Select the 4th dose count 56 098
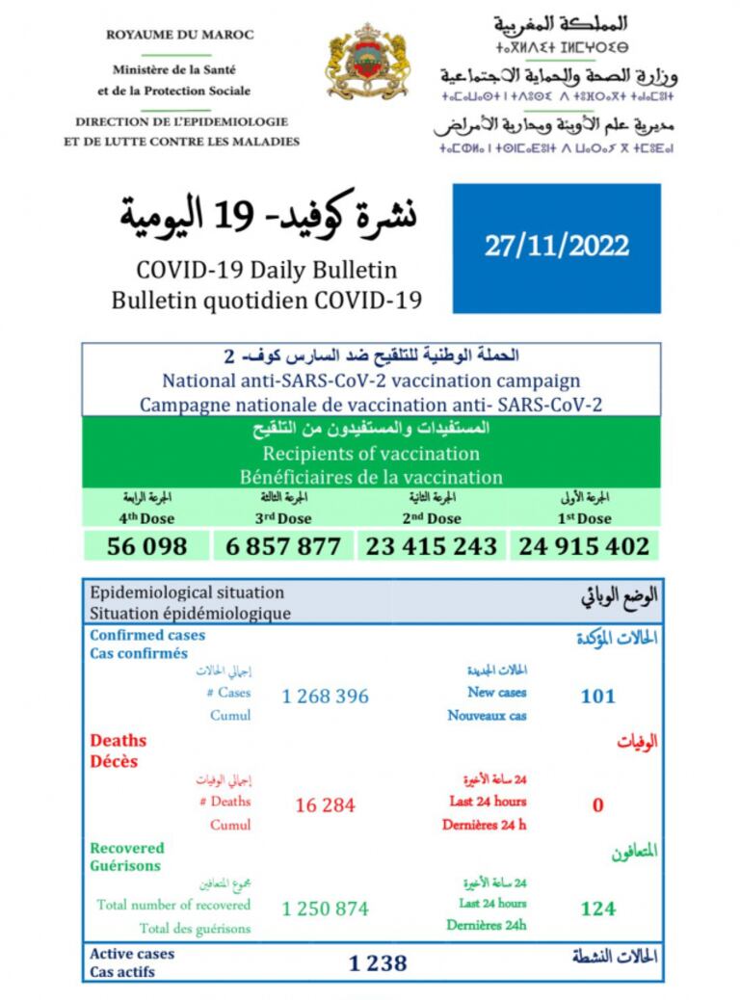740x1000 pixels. point(148,546)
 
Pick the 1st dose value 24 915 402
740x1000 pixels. point(584,546)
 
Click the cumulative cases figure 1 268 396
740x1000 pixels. point(326,696)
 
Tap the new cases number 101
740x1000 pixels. point(597,696)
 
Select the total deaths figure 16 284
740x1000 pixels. point(325,804)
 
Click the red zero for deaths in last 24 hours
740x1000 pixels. point(597,804)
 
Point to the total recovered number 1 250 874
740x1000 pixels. point(325,908)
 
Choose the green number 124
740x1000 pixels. point(597,908)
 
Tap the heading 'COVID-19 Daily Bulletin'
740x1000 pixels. point(265,270)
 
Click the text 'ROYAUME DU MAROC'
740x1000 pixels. point(180,35)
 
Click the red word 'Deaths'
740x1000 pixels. point(119,741)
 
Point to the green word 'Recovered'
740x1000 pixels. point(127,848)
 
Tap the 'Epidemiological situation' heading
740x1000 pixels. point(187,592)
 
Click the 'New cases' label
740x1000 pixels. point(496,692)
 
